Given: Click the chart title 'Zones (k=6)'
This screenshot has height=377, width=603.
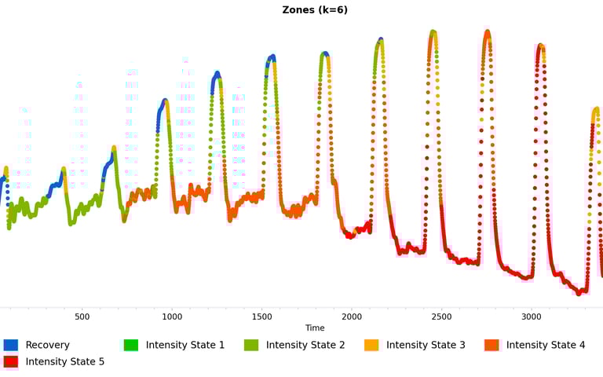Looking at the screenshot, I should (315, 10).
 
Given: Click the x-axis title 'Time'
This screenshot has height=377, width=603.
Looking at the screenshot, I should (315, 328).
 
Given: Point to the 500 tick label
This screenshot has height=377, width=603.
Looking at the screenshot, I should (82, 317).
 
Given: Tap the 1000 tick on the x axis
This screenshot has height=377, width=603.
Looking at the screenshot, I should (172, 317).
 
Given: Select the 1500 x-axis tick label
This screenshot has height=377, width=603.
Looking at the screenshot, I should (262, 317).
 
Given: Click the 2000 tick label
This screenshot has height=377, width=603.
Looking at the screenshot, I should (352, 317).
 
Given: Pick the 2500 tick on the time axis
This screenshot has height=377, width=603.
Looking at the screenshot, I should (442, 317).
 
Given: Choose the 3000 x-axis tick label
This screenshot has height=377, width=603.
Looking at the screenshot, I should (532, 317).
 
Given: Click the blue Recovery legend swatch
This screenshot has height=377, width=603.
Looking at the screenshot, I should (11, 345).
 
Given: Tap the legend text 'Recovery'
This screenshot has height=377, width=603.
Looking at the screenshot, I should (47, 345).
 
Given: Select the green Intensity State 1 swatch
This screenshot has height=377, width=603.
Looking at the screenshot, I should (131, 345).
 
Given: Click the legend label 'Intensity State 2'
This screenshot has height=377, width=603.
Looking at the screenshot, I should (305, 345).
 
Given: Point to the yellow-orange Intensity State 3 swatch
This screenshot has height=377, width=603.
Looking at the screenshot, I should (371, 345).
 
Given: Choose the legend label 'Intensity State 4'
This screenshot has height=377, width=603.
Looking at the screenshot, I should (546, 345).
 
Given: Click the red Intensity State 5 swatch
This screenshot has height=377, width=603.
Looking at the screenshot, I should (11, 362).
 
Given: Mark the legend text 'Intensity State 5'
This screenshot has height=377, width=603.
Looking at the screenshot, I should (64, 362).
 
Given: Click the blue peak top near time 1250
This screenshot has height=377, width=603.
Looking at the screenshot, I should (217, 73).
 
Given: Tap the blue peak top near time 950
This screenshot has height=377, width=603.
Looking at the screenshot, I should (165, 101).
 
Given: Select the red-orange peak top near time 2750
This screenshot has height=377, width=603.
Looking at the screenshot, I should (488, 32).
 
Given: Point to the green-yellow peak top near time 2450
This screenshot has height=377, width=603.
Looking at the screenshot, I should (433, 32).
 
